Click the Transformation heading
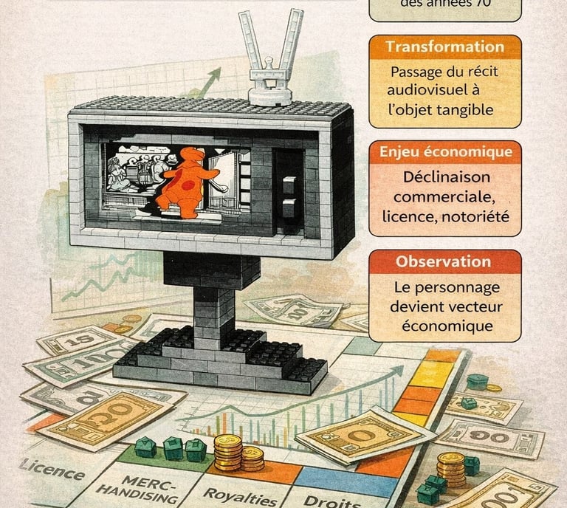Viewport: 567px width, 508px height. point(444,47)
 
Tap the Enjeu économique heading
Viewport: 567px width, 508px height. point(444,152)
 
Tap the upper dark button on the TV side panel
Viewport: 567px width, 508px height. point(290,185)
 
